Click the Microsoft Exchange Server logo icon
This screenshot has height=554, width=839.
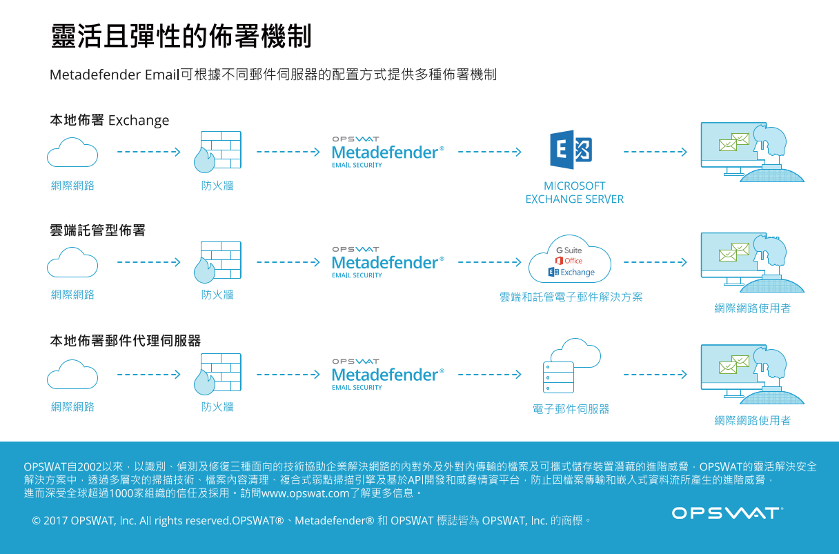click(x=571, y=150)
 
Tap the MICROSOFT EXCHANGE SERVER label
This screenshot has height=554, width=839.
click(x=575, y=192)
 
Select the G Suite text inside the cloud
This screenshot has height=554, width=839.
click(x=569, y=250)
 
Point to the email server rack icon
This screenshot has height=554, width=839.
click(x=558, y=377)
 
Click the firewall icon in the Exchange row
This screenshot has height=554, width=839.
click(x=217, y=152)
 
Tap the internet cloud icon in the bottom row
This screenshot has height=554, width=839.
click(x=72, y=375)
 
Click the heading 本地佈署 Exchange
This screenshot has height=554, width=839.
click(x=110, y=120)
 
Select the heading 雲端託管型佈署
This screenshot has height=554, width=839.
click(x=97, y=230)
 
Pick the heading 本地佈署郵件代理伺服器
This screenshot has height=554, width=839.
click(x=126, y=341)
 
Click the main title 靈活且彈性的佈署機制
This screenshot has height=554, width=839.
click(x=181, y=36)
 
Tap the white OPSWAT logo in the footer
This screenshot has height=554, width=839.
click(x=727, y=513)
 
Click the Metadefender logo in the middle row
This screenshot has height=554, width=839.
click(x=388, y=262)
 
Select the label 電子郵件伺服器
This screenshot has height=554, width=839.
click(x=571, y=408)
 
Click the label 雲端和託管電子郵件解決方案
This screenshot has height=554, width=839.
click(x=571, y=297)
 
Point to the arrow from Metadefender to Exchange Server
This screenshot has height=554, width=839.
click(x=490, y=152)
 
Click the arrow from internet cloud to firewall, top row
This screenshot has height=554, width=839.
click(x=149, y=152)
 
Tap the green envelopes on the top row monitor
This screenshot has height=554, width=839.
click(x=733, y=142)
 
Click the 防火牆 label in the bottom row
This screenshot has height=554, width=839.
click(x=217, y=407)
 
